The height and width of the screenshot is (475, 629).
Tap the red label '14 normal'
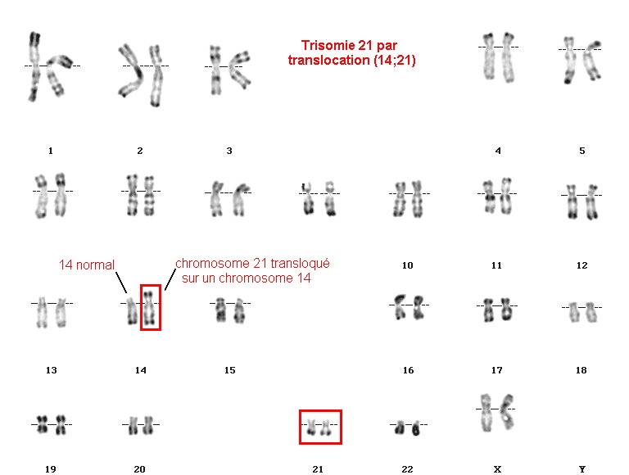[87, 265]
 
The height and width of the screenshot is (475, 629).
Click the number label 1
[51, 151]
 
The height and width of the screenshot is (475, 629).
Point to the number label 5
[582, 151]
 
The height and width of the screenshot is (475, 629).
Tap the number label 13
[52, 370]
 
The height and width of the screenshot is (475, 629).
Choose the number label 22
[407, 469]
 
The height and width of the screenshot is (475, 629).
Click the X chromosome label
[497, 469]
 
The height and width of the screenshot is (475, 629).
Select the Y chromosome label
[582, 469]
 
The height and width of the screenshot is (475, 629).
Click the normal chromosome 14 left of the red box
[131, 311]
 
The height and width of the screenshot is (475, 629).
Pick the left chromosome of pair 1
[34, 66]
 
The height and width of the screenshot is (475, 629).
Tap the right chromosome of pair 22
[416, 428]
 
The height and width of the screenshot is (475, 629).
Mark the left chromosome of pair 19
[42, 424]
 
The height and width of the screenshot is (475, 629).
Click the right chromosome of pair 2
[156, 75]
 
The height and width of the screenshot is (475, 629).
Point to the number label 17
[496, 370]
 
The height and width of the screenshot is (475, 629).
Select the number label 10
[407, 265]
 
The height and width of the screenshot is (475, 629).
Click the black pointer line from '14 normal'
[121, 283]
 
